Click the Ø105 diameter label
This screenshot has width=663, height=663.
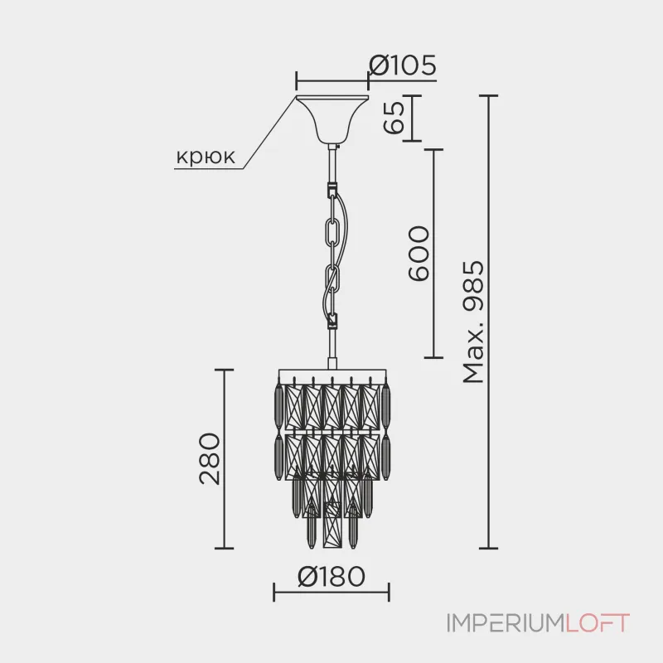click(402, 65)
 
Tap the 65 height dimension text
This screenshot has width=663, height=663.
click(394, 118)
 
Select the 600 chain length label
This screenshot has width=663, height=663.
click(419, 253)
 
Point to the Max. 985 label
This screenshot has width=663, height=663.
click(473, 322)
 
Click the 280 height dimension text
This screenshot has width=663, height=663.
click(210, 458)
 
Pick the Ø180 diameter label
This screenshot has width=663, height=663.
click(331, 576)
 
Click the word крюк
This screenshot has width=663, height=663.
click(206, 157)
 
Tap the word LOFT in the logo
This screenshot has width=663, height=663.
click(597, 623)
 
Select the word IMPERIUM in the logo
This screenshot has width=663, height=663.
click(506, 623)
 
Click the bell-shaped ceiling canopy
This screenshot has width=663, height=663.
click(332, 119)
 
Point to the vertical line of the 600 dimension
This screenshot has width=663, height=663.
click(433, 254)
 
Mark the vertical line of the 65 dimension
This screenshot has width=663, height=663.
click(412, 118)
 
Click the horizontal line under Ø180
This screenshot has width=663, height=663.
click(331, 592)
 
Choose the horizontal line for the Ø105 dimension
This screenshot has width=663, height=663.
click(332, 81)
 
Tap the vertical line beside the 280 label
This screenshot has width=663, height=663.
click(224, 459)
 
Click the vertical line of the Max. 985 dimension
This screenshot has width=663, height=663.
click(488, 322)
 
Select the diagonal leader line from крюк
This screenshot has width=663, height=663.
click(270, 133)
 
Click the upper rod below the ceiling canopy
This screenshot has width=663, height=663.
click(333, 163)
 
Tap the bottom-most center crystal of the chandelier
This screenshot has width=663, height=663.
click(332, 525)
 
